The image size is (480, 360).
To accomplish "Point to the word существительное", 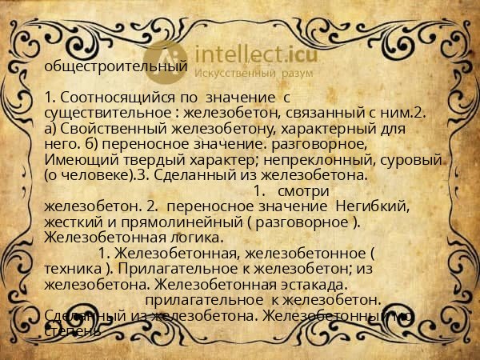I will (109, 114).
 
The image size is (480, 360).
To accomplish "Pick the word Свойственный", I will (113, 129).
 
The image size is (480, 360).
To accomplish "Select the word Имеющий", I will (78, 159).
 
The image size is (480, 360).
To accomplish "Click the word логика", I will (193, 238).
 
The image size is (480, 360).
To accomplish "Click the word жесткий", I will (73, 222).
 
